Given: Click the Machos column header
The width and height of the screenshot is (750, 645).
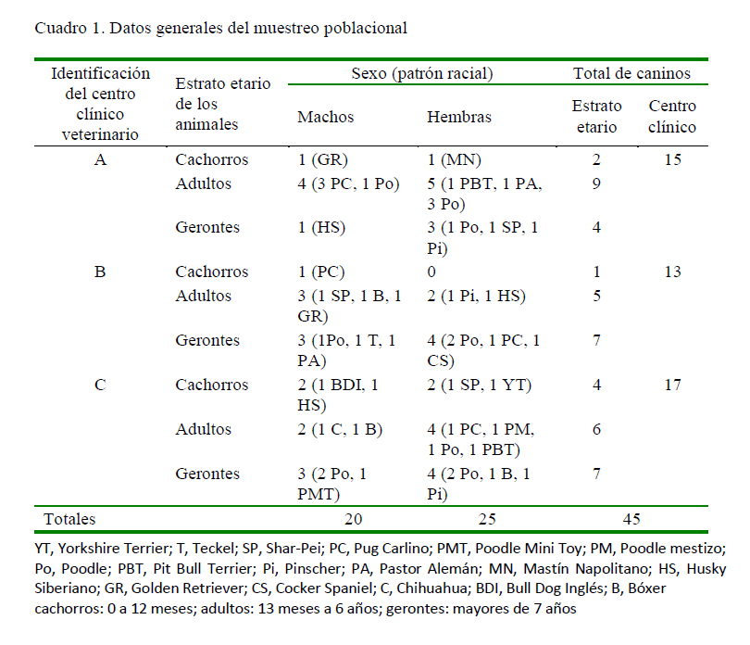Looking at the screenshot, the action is pyautogui.click(x=325, y=117).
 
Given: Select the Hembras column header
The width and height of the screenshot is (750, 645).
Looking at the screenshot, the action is pyautogui.click(x=459, y=117).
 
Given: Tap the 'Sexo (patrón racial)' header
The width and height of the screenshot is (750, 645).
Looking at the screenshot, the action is pyautogui.click(x=422, y=73).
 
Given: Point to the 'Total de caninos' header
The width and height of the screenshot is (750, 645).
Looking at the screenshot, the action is pyautogui.click(x=631, y=73).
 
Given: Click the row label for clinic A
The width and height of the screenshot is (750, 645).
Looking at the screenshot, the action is pyautogui.click(x=100, y=159).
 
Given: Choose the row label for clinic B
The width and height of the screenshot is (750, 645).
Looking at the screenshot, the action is pyautogui.click(x=100, y=272).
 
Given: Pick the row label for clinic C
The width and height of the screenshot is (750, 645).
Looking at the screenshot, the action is pyautogui.click(x=100, y=385).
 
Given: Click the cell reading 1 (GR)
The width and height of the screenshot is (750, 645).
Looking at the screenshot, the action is pyautogui.click(x=322, y=159).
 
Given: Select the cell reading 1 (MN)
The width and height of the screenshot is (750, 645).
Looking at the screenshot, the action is pyautogui.click(x=454, y=159).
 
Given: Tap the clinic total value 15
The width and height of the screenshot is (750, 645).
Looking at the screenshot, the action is pyautogui.click(x=672, y=159).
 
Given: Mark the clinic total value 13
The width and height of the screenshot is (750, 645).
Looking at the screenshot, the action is pyautogui.click(x=672, y=272).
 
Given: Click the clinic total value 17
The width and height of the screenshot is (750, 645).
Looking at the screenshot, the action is pyautogui.click(x=672, y=385).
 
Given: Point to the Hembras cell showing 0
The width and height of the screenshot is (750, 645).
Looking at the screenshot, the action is pyautogui.click(x=431, y=272).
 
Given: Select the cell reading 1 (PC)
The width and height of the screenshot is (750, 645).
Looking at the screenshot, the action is pyautogui.click(x=321, y=272).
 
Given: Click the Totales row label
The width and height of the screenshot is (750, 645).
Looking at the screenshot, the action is pyautogui.click(x=69, y=519).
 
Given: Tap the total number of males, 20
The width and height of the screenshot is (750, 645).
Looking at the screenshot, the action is pyautogui.click(x=354, y=519).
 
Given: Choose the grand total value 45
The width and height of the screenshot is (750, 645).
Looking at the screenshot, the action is pyautogui.click(x=631, y=519).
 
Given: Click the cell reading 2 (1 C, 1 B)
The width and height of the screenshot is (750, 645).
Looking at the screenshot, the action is pyautogui.click(x=340, y=429).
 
